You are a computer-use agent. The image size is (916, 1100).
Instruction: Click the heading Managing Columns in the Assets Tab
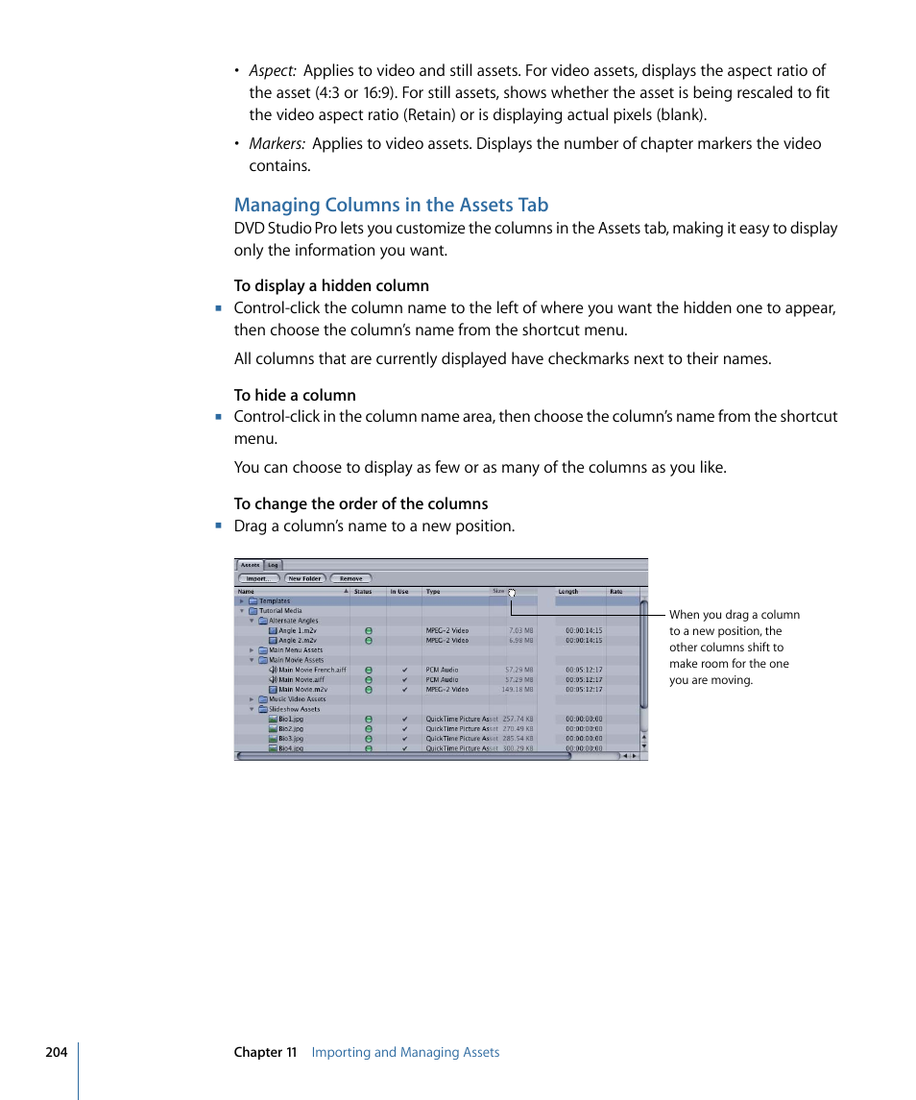click(391, 205)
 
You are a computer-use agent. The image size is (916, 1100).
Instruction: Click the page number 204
click(56, 1052)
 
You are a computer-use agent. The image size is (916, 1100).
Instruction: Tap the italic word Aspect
click(272, 71)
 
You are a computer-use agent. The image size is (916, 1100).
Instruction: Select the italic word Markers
click(277, 144)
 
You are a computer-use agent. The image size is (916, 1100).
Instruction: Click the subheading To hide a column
click(295, 395)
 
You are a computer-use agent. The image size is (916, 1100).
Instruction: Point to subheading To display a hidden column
click(331, 285)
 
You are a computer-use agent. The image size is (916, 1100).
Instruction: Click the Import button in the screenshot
click(258, 578)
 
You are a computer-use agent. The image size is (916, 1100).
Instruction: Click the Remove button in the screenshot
click(350, 578)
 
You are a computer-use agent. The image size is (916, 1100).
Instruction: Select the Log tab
click(273, 565)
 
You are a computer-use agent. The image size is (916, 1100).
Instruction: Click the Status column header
click(363, 592)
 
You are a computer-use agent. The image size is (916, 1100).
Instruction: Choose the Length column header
click(568, 592)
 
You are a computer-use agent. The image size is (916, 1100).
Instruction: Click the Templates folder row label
click(275, 601)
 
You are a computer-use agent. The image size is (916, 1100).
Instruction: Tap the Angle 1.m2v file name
click(296, 630)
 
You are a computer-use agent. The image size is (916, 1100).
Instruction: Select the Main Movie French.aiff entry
click(312, 670)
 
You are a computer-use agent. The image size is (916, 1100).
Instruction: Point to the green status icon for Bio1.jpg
click(368, 719)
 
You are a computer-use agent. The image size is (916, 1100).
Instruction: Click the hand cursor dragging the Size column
click(512, 594)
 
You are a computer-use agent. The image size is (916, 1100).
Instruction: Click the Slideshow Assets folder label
click(294, 709)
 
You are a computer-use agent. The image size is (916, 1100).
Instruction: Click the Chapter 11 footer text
click(265, 1052)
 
